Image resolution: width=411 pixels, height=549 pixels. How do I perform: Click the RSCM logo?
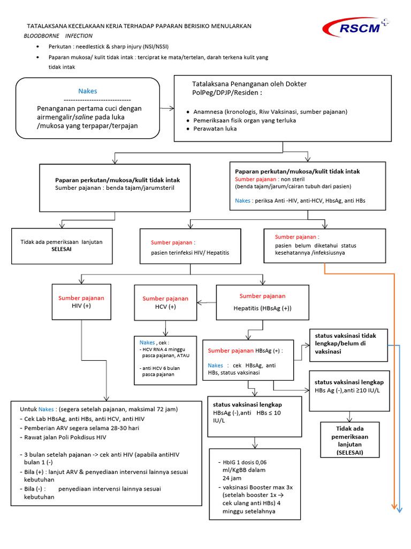click(x=355, y=27)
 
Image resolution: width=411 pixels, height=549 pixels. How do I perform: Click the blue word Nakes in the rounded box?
click(x=88, y=91)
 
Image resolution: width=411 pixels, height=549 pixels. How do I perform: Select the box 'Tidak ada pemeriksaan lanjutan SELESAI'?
click(x=62, y=246)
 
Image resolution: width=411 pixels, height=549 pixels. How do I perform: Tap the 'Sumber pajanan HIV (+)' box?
click(x=81, y=302)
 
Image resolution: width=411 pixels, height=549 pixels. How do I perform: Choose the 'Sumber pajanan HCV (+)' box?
click(x=165, y=302)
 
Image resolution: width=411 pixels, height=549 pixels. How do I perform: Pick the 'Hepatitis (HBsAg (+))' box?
click(x=262, y=302)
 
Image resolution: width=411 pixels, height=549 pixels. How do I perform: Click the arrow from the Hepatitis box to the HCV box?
click(x=207, y=302)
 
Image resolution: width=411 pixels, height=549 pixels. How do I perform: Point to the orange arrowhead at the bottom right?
click(x=394, y=506)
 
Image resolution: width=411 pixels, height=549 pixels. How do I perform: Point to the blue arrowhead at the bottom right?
click(x=399, y=510)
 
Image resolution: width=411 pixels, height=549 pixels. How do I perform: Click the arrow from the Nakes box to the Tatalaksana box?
click(x=167, y=108)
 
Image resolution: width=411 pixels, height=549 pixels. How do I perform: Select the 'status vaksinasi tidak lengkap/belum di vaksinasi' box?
click(x=348, y=345)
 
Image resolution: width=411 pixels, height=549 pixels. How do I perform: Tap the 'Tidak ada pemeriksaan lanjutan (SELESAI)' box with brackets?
click(x=350, y=440)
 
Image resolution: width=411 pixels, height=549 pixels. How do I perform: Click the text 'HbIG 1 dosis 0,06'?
click(x=245, y=462)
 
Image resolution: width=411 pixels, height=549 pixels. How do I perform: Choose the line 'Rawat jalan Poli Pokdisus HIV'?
click(x=63, y=437)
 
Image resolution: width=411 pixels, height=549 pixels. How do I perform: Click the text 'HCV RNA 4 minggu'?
click(x=164, y=350)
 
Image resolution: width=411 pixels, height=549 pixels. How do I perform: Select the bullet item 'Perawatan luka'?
click(x=212, y=129)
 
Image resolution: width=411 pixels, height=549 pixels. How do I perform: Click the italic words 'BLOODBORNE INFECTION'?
click(x=58, y=36)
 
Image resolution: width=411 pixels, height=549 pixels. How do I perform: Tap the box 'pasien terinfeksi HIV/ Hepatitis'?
click(x=190, y=246)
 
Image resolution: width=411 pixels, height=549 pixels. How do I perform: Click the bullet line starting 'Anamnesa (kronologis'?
click(x=267, y=112)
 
